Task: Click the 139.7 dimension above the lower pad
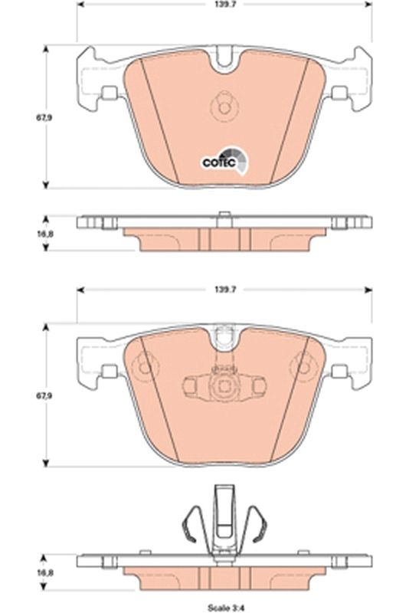click(x=224, y=290)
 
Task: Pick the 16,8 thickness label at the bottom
click(x=26, y=570)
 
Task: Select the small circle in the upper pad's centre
click(x=224, y=105)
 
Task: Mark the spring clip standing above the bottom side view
click(x=224, y=521)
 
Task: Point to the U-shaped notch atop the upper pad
click(x=224, y=58)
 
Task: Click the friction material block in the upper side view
click(x=224, y=239)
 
